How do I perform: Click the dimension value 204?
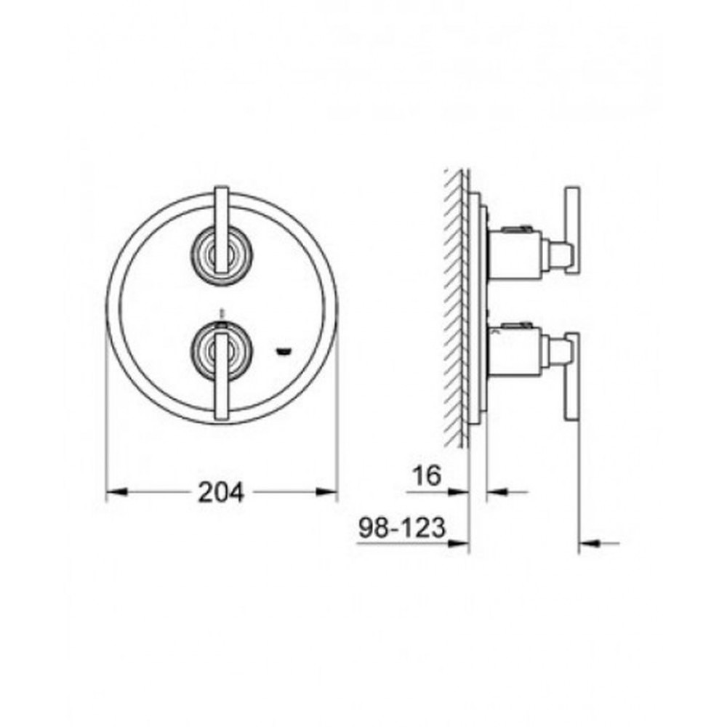coord(221,492)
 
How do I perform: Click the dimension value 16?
coord(427,475)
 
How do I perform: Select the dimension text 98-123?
coord(403,527)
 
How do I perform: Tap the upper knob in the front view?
coord(222,255)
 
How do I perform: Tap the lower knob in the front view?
coord(222,351)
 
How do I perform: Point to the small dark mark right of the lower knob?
coord(282,353)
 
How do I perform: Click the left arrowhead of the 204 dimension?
coord(116,492)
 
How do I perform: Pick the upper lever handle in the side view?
coord(571,233)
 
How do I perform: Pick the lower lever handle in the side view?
coord(571,377)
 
